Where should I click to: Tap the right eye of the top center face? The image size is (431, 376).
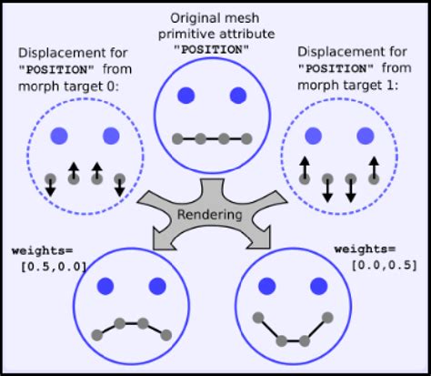coord(238,95)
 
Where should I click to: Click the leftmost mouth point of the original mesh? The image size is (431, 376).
coord(178,139)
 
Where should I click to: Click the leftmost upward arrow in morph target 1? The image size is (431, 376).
coord(305,168)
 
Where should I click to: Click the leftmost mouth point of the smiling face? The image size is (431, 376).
coord(257,319)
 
